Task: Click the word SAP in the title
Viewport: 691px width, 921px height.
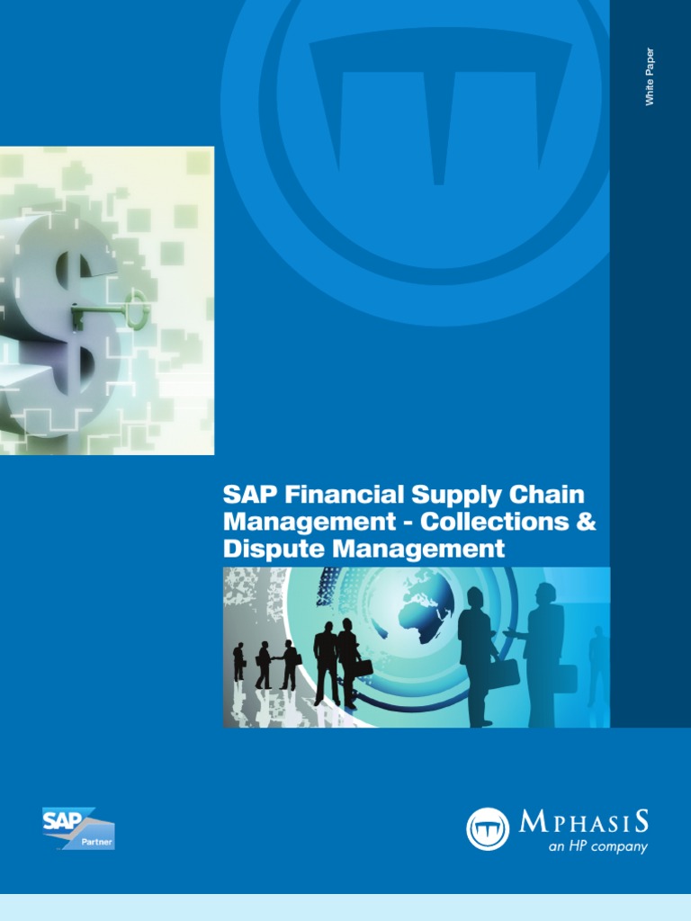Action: (x=245, y=495)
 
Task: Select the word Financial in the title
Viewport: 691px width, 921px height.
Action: (x=337, y=495)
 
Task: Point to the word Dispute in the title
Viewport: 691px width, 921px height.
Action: (x=265, y=547)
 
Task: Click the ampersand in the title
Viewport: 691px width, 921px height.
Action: (x=586, y=521)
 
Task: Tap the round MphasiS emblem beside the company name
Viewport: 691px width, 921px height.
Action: (x=488, y=828)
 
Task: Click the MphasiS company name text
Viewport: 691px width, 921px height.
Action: (x=584, y=821)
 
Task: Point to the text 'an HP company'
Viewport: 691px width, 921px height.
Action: (x=598, y=846)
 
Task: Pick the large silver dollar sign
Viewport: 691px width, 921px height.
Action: (x=63, y=315)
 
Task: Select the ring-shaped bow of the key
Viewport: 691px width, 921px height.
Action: (x=138, y=309)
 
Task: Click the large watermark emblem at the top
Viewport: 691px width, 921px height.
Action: (x=441, y=135)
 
